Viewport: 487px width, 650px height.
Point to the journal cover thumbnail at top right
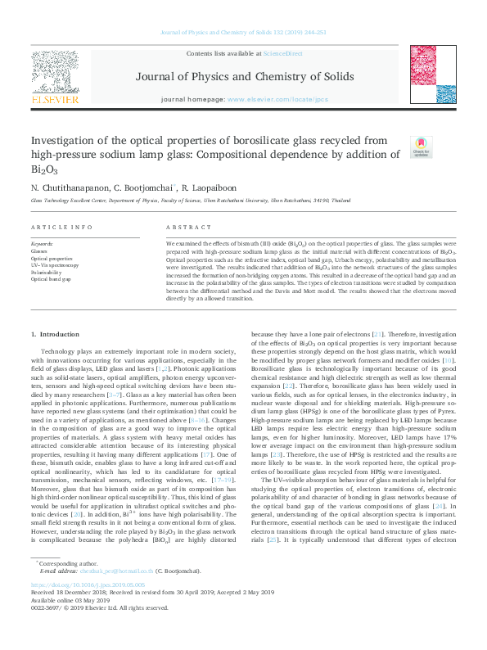[x=428, y=76]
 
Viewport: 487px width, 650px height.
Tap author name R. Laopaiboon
[x=215, y=188]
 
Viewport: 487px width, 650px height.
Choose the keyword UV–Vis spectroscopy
[x=56, y=265]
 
